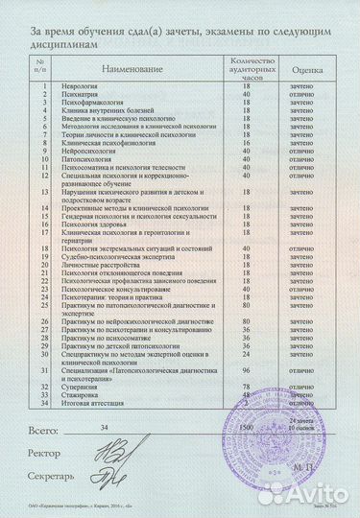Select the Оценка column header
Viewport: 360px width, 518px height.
coord(306,70)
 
